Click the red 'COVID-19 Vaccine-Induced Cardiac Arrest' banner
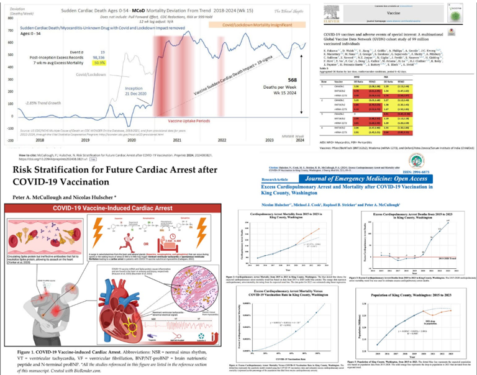[x=115, y=212]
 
